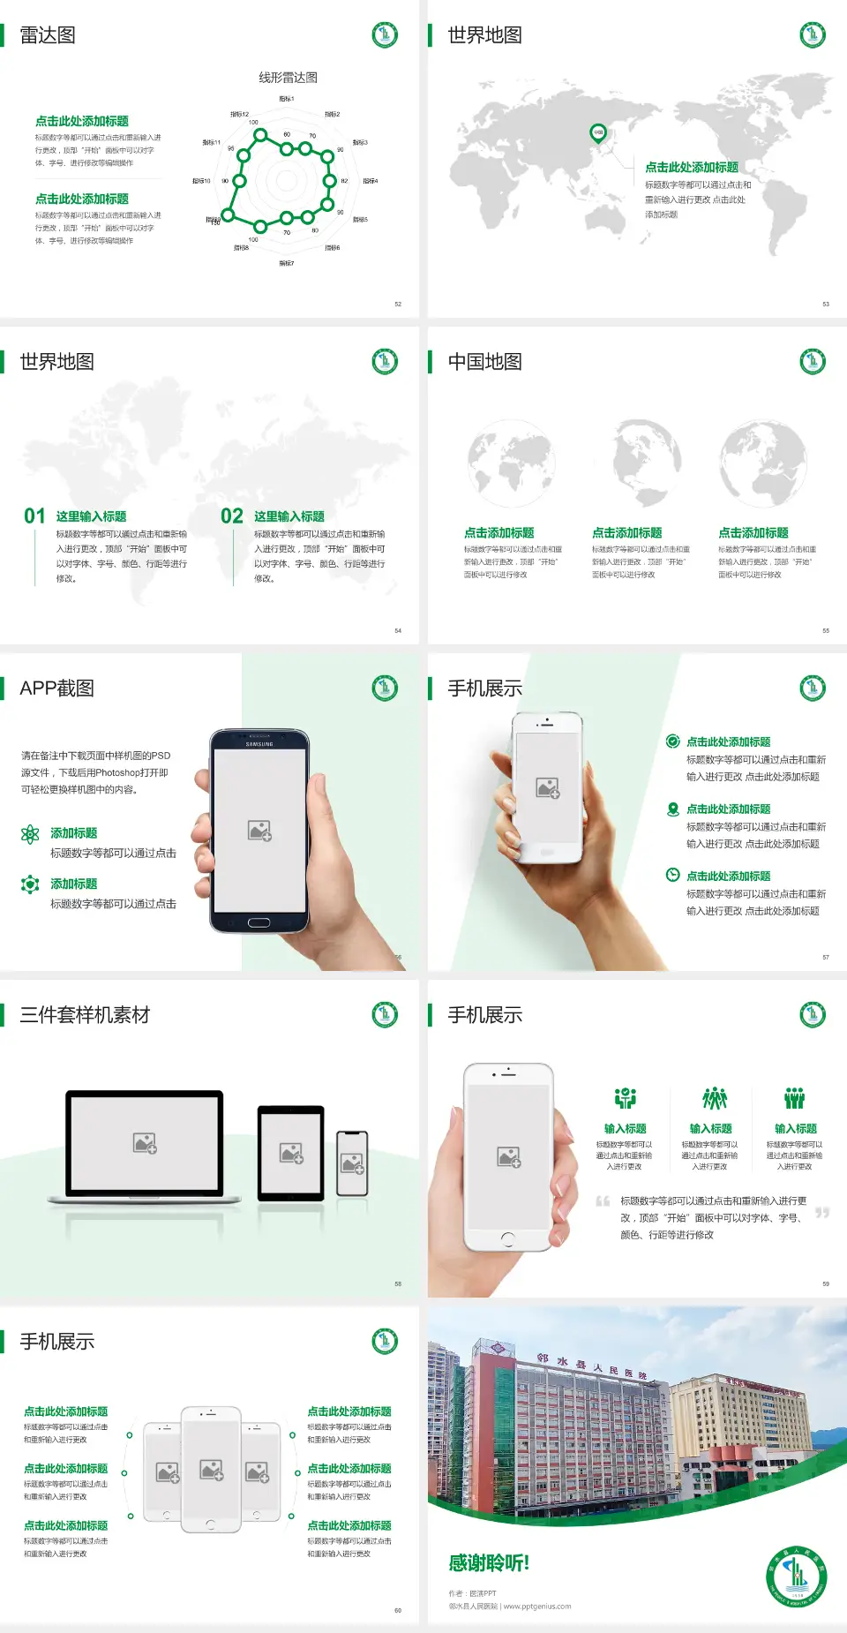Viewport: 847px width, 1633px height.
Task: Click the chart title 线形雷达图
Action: pyautogui.click(x=288, y=78)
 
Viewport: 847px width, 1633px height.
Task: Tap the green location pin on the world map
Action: pyautogui.click(x=597, y=133)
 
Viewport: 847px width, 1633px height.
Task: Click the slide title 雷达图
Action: pyautogui.click(x=48, y=35)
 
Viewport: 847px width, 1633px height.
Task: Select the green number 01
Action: pyautogui.click(x=34, y=516)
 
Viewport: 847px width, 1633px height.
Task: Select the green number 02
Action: pyautogui.click(x=232, y=516)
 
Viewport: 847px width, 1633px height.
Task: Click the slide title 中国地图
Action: pyautogui.click(x=484, y=362)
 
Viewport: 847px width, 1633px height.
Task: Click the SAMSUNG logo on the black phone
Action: pyautogui.click(x=259, y=744)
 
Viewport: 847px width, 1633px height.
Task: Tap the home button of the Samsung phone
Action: pyautogui.click(x=259, y=922)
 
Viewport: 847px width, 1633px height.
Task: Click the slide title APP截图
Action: pyautogui.click(x=56, y=689)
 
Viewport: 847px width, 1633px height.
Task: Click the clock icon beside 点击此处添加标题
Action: pyautogui.click(x=672, y=875)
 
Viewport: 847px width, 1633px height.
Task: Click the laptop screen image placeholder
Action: pyautogui.click(x=145, y=1143)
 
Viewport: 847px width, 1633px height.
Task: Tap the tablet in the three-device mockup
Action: pyautogui.click(x=291, y=1152)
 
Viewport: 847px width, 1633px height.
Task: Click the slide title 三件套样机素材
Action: pyautogui.click(x=85, y=1015)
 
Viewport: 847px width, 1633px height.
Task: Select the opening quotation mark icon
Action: pyautogui.click(x=603, y=1201)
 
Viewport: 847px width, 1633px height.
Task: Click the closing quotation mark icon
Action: pyautogui.click(x=822, y=1213)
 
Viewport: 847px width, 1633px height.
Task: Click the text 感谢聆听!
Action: pyautogui.click(x=489, y=1563)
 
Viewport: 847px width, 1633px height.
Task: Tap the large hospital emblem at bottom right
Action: pyautogui.click(x=796, y=1577)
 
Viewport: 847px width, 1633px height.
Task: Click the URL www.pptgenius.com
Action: pyautogui.click(x=537, y=1607)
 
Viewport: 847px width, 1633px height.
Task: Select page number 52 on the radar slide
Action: pyautogui.click(x=398, y=304)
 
